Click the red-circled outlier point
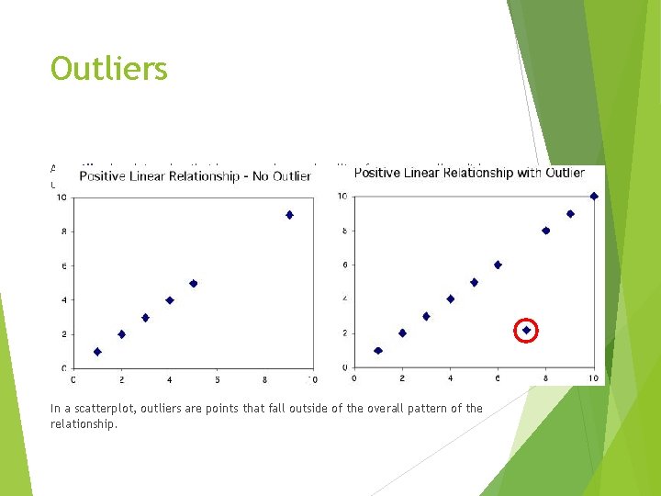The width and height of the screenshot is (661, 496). click(x=526, y=330)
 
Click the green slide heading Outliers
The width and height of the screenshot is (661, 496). click(x=109, y=69)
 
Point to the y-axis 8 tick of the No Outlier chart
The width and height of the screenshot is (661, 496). click(x=62, y=231)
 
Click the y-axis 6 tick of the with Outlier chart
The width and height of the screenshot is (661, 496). click(x=343, y=265)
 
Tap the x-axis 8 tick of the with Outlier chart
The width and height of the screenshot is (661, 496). click(x=545, y=378)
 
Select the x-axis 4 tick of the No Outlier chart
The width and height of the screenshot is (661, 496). click(x=169, y=379)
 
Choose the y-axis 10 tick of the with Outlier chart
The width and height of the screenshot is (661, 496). click(x=342, y=196)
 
